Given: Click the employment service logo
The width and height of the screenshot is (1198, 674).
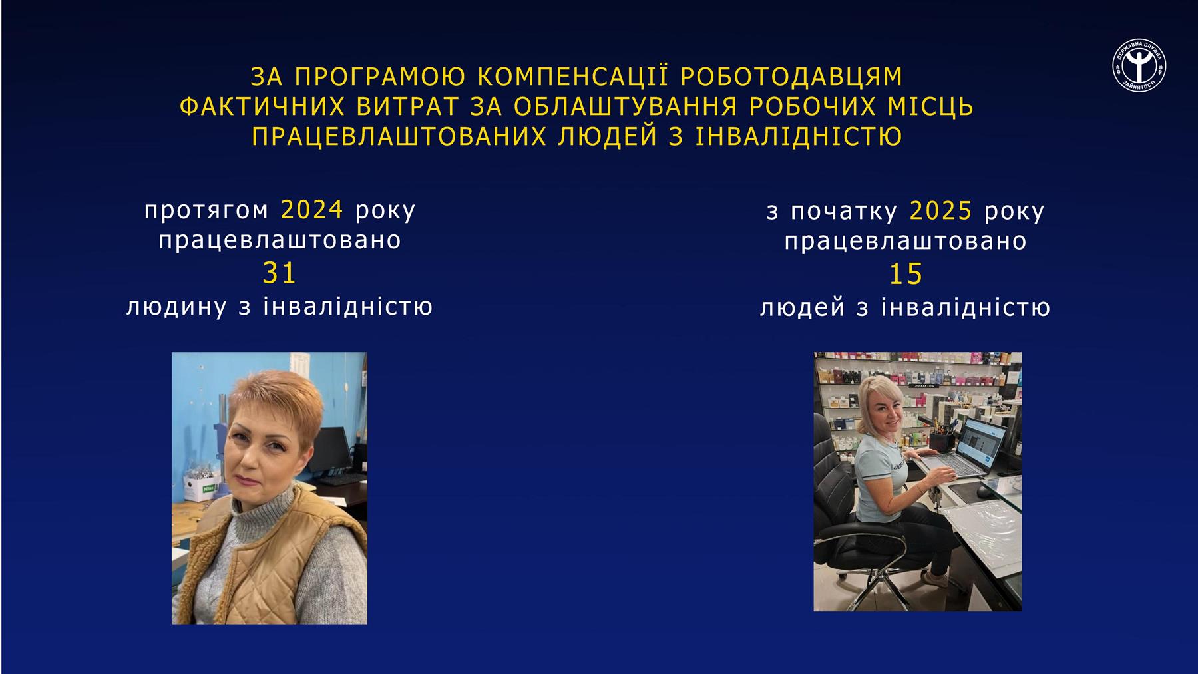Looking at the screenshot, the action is tap(1139, 65).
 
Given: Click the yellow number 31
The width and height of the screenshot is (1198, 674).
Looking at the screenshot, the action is tap(280, 273).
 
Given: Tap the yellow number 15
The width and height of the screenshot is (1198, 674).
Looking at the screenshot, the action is tap(906, 275).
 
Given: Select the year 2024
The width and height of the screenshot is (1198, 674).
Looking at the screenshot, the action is tap(311, 210).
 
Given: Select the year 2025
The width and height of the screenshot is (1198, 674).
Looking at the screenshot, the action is tap(940, 211).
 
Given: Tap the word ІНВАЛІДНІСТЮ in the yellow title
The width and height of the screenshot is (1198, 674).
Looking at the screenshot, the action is tap(799, 137).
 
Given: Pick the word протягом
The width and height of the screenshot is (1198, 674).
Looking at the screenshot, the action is tap(206, 211).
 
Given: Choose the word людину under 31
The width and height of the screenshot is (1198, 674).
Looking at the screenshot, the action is tap(176, 307).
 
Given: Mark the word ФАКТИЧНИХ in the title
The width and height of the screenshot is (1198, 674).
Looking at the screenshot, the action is tap(262, 107).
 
